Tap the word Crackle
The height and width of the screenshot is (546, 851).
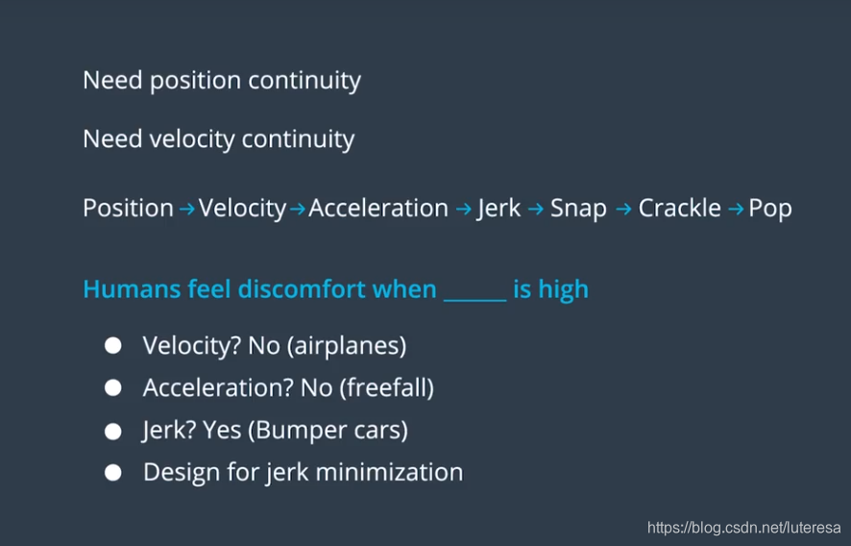679,208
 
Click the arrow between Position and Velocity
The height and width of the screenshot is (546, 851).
186,209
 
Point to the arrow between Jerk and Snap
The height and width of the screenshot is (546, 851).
536,209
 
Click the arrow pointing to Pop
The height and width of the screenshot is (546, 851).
736,209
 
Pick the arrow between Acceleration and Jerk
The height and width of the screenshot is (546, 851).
464,209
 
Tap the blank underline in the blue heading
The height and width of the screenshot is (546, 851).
474,299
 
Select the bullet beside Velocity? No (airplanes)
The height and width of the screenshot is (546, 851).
113,345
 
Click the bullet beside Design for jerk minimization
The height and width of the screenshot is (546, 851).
113,473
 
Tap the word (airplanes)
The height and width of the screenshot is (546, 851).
347,346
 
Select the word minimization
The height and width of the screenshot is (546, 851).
389,472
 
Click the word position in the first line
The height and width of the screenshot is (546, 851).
195,81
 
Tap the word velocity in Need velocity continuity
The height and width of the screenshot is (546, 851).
192,139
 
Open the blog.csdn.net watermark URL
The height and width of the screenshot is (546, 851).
744,527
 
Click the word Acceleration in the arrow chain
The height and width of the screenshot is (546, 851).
378,208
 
